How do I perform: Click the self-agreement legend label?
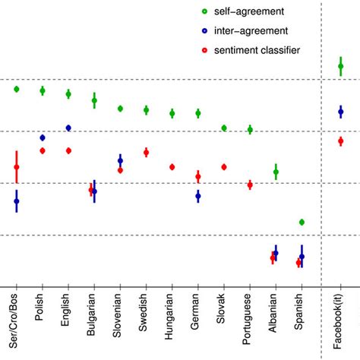[x=259, y=12]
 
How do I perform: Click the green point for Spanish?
[x=302, y=222]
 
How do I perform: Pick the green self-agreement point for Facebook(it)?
[x=340, y=68]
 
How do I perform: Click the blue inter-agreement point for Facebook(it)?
[x=340, y=112]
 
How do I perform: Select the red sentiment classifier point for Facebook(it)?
[x=340, y=141]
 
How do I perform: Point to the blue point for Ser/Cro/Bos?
[x=17, y=201]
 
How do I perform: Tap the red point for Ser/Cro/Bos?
[x=17, y=167]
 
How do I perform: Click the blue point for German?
[x=198, y=196]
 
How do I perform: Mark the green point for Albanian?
[x=276, y=172]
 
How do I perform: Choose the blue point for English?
[x=68, y=128]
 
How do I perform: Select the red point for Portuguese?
[x=250, y=185]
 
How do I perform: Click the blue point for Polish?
[x=43, y=137]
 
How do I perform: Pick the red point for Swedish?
[x=146, y=153]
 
